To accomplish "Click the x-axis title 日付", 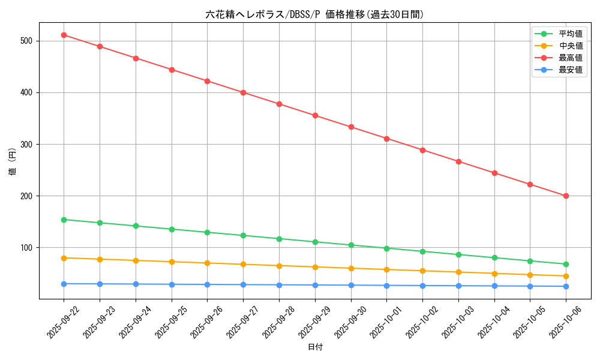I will coord(315,347).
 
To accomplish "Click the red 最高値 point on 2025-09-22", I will coord(64,35).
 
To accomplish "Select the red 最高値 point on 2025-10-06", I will coord(566,196).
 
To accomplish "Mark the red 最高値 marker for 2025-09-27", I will coord(243,92).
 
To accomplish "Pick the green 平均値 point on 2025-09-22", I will coord(64,220).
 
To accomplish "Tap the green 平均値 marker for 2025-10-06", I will coord(566,264).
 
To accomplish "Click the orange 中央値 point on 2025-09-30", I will coord(351,268).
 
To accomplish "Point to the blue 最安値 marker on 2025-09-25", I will coord(172,284).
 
